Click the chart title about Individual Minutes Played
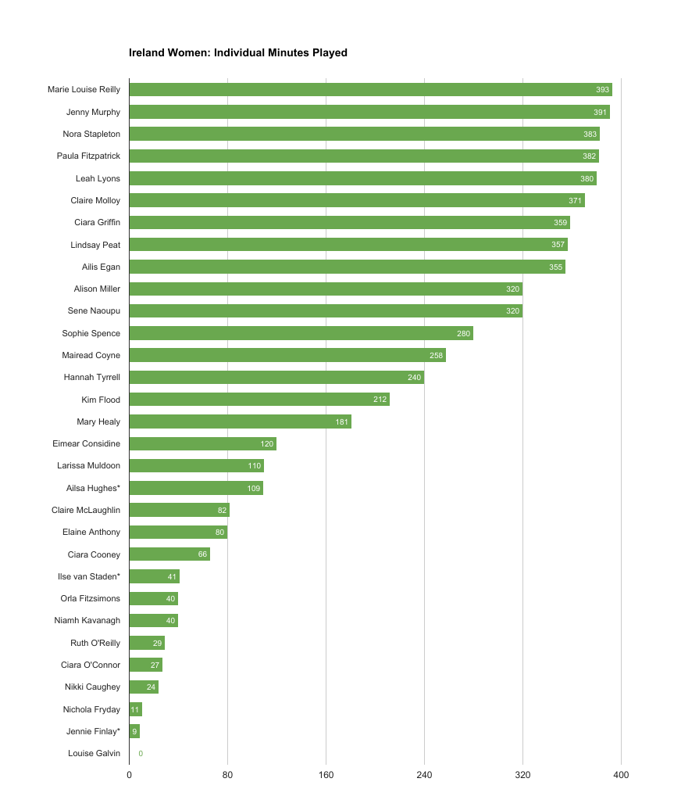pyautogui.click(x=238, y=53)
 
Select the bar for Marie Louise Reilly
pyautogui.click(x=370, y=90)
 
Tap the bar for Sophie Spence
pyautogui.click(x=301, y=333)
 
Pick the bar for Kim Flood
pyautogui.click(x=259, y=400)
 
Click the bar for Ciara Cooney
pyautogui.click(x=169, y=554)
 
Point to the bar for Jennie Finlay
pyautogui.click(x=134, y=732)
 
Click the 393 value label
pyautogui.click(x=602, y=90)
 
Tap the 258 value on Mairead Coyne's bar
pyautogui.click(x=436, y=356)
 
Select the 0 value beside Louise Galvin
pyautogui.click(x=141, y=754)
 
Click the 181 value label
pyautogui.click(x=342, y=422)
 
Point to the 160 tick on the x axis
pyautogui.click(x=326, y=775)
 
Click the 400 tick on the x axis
pyautogui.click(x=621, y=775)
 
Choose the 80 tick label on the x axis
pyautogui.click(x=227, y=775)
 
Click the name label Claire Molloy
pyautogui.click(x=95, y=201)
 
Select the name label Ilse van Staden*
pyautogui.click(x=89, y=576)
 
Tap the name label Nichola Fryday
pyautogui.click(x=91, y=709)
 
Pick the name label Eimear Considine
pyautogui.click(x=86, y=443)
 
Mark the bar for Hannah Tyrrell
pyautogui.click(x=276, y=378)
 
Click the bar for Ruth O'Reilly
pyautogui.click(x=146, y=643)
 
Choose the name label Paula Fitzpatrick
pyautogui.click(x=88, y=156)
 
